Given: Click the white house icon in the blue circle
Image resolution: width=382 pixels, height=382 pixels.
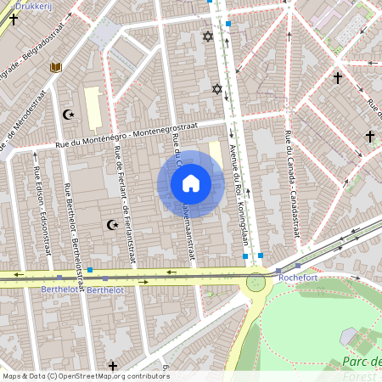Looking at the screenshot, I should pos(190,183).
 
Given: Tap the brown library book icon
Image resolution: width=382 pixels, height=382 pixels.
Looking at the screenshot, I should pos(56,67).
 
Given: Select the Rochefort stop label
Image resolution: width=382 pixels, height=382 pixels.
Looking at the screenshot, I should pos(296,276).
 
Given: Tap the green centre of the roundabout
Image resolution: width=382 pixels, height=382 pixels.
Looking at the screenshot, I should pos(255,281).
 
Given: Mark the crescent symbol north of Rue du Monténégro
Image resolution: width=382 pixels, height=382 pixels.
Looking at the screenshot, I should pos(69,114).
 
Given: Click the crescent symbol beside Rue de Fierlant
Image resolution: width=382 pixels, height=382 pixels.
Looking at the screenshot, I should pos(110,225).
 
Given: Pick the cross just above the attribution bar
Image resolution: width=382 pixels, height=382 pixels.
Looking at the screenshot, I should pos(113,365).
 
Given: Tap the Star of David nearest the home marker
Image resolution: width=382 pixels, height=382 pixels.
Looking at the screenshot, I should pos(216,88).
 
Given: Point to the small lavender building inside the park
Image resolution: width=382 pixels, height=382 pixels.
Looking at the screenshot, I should pos(348,336).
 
